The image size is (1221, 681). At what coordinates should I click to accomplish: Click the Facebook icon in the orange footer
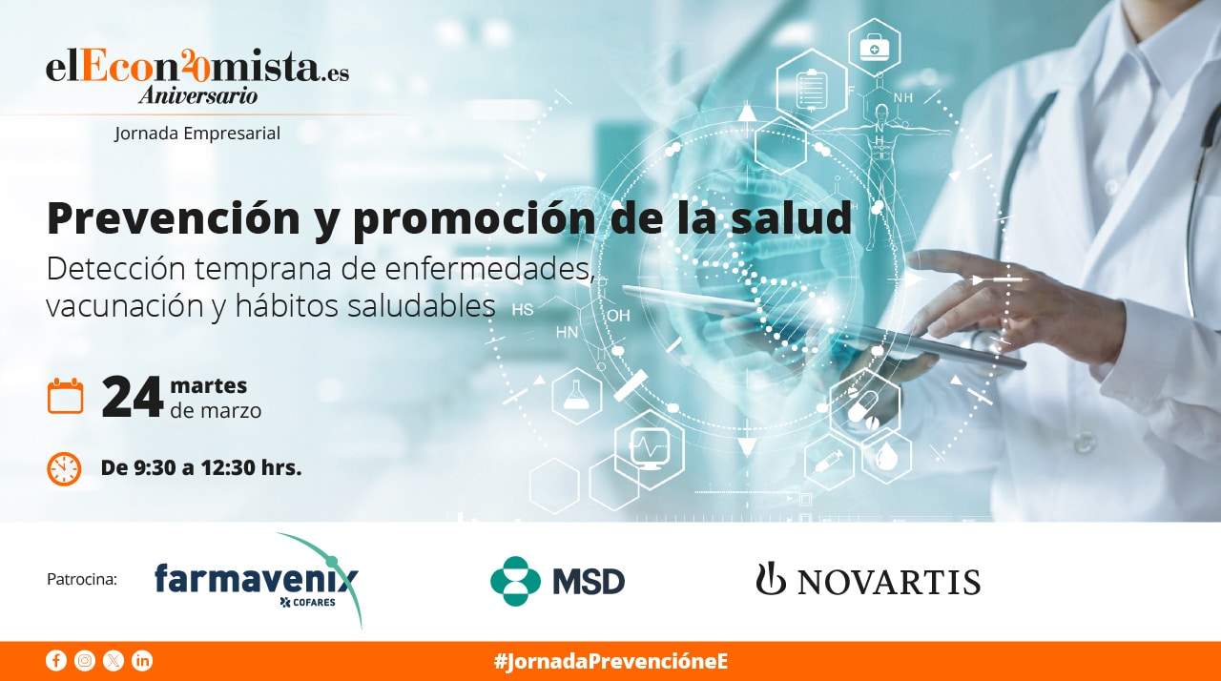pyautogui.click(x=56, y=661)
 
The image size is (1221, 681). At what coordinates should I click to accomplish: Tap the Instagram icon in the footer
pyautogui.click(x=85, y=661)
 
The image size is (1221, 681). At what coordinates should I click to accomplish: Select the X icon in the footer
pyautogui.click(x=114, y=661)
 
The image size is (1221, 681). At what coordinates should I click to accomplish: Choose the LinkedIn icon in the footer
pyautogui.click(x=142, y=661)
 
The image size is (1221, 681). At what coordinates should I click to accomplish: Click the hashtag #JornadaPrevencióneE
pyautogui.click(x=610, y=661)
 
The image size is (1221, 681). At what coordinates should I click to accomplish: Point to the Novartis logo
pyautogui.click(x=868, y=579)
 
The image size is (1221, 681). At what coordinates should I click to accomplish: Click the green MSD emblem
pyautogui.click(x=515, y=581)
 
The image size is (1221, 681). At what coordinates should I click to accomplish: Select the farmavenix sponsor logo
pyautogui.click(x=258, y=581)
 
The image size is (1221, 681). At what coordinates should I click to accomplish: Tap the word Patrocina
pyautogui.click(x=82, y=579)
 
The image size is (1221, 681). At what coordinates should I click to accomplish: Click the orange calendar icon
pyautogui.click(x=66, y=396)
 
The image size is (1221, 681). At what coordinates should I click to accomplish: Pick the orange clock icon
pyautogui.click(x=64, y=468)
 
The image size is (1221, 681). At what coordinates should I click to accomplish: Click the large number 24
pyautogui.click(x=132, y=398)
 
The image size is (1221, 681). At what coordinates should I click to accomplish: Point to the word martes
pyautogui.click(x=209, y=385)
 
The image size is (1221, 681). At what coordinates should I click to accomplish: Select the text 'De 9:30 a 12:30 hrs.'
pyautogui.click(x=201, y=467)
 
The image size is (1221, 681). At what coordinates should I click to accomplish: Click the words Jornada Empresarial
pyautogui.click(x=197, y=134)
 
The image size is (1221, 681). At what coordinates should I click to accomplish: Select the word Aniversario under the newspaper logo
pyautogui.click(x=197, y=95)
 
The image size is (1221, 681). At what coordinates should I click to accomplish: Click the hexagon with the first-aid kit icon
pyautogui.click(x=875, y=48)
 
